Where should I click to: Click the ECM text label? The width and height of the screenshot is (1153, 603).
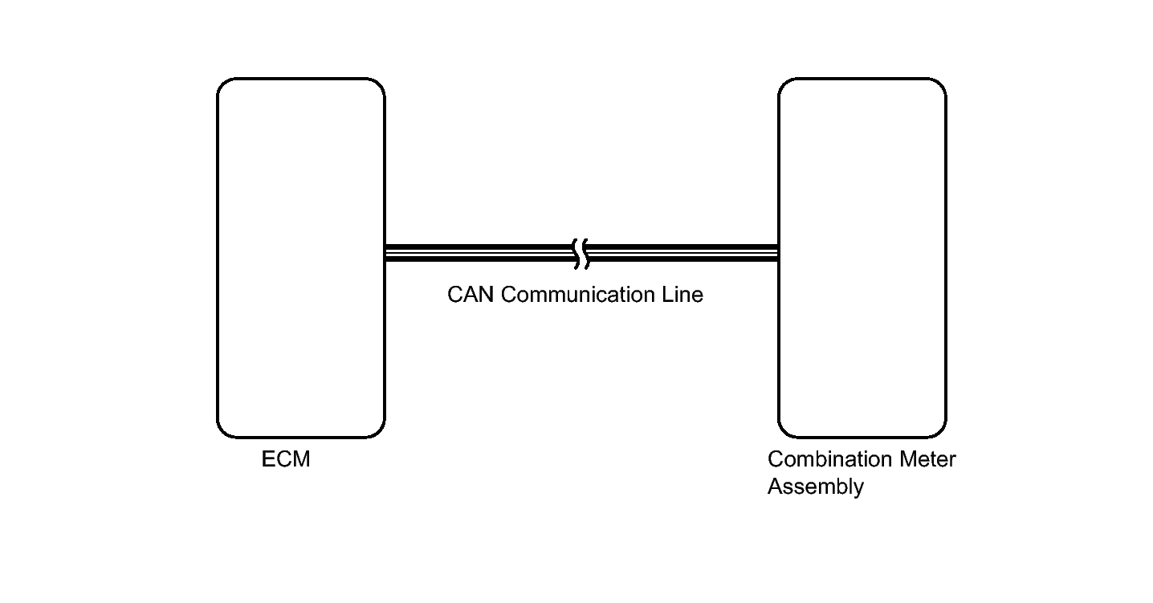(x=286, y=458)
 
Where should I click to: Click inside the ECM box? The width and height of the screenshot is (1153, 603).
(x=301, y=258)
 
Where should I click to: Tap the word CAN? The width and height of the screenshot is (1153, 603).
(x=471, y=295)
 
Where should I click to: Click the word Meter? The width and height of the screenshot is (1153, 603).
(x=927, y=458)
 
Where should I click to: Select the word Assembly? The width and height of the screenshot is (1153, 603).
(x=815, y=487)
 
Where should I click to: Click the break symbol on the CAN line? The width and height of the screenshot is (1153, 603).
(x=581, y=254)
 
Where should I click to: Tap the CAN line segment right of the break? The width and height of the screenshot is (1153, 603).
(x=682, y=253)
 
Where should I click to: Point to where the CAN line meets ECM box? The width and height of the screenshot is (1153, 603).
(x=385, y=253)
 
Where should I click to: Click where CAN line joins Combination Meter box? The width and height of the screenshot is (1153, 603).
(x=778, y=253)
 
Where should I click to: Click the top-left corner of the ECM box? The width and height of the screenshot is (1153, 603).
(x=218, y=79)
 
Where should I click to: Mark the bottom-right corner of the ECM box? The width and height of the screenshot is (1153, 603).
(x=384, y=437)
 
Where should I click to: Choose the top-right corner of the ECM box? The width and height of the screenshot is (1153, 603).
(x=384, y=79)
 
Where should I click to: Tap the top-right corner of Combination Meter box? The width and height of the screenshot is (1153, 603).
(x=945, y=79)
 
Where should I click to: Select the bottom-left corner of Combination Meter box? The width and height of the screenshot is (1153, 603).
(x=780, y=437)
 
